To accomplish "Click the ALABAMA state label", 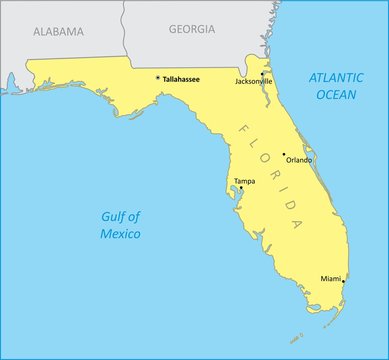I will point(58,31).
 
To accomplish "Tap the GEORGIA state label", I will point(191,29).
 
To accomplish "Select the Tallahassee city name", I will point(181,78).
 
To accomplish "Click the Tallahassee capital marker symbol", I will point(157,77).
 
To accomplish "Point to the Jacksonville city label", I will point(254,81).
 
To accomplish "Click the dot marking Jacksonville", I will point(262,73).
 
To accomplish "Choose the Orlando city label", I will point(299,160).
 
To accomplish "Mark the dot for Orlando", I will point(284,155).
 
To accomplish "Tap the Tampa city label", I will point(244,181).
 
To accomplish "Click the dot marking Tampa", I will point(241,188).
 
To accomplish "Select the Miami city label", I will point(330,277).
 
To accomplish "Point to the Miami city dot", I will point(343,281).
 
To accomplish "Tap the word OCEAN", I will point(335,94).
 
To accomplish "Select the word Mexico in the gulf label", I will point(120,233).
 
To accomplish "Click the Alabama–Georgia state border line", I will point(124,30).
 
